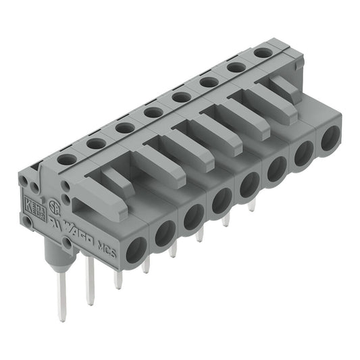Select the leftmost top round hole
[67, 159]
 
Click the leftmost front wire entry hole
[135, 249]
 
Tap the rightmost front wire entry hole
[330, 139]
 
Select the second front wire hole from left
[165, 233]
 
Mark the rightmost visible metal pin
[251, 205]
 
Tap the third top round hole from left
[124, 127]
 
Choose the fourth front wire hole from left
[221, 199]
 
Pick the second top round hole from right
[236, 67]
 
